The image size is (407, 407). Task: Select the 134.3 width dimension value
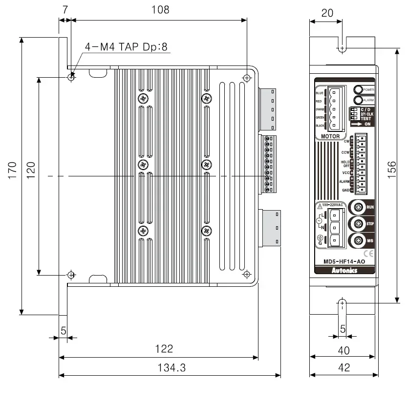[171, 368]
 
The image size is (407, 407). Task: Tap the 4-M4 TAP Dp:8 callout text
[126, 47]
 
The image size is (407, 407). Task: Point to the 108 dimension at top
[160, 10]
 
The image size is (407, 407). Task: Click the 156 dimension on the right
[392, 170]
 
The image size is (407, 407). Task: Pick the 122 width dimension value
[164, 348]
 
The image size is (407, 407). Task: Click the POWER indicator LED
[358, 90]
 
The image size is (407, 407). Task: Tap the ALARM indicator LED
[358, 100]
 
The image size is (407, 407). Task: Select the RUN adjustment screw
[358, 207]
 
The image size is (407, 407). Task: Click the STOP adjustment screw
[358, 224]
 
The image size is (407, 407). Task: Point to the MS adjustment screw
[358, 240]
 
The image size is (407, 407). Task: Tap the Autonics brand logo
[344, 269]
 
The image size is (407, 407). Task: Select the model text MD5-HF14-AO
[344, 261]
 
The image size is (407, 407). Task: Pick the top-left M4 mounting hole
[72, 77]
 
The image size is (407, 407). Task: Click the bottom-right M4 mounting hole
[247, 274]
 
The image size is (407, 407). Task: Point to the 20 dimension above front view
[327, 13]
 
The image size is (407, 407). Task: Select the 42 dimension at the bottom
[344, 368]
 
